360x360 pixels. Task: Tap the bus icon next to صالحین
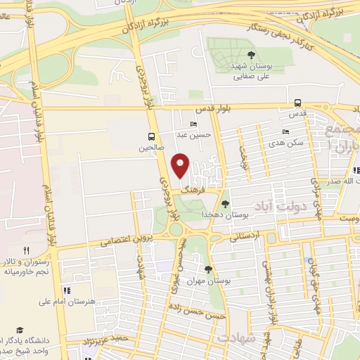pyautogui.click(x=151, y=136)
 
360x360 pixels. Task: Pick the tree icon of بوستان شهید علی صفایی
pyautogui.click(x=251, y=53)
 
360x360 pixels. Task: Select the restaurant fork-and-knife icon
pyautogui.click(x=27, y=250)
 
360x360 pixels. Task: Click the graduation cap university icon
pyautogui.click(x=20, y=330)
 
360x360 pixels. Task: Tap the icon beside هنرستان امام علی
pyautogui.click(x=66, y=290)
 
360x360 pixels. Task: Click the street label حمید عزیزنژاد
pyautogui.click(x=106, y=339)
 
